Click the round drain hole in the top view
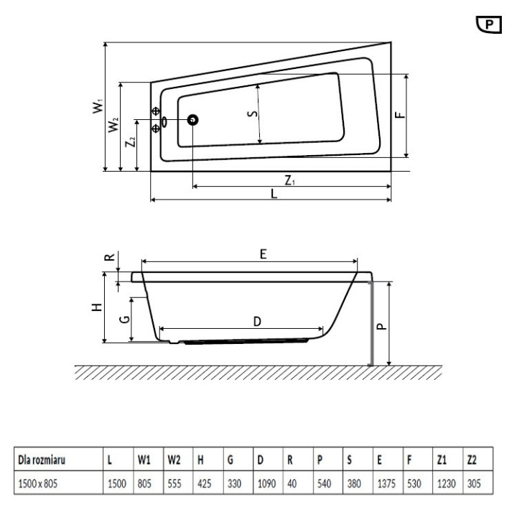click(193, 121)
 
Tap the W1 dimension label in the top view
click(97, 106)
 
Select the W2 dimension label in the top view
click(114, 126)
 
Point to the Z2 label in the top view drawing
click(130, 142)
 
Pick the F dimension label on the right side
click(400, 114)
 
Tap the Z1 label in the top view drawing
click(288, 180)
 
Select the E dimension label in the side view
click(264, 254)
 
